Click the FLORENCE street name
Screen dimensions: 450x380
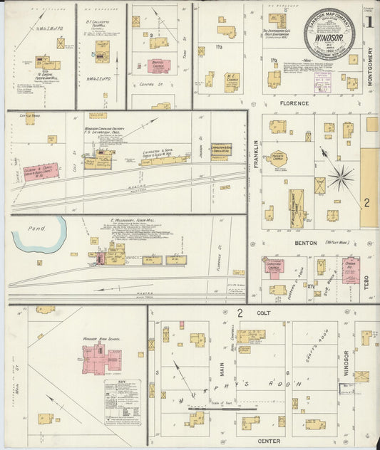[x=294, y=103]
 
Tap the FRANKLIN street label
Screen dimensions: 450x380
[x=255, y=154]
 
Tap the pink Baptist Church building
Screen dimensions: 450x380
[x=160, y=64]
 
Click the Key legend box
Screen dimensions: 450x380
[x=122, y=402]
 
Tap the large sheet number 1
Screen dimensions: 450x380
[x=369, y=21]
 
